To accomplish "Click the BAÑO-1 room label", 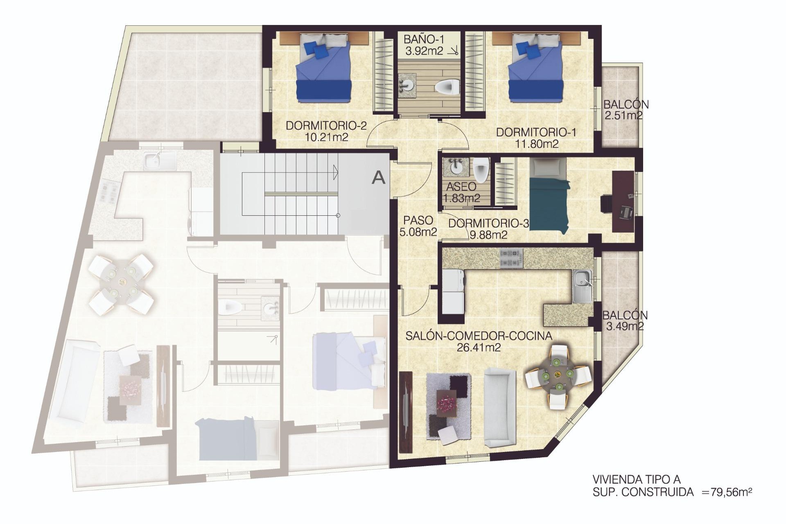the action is pyautogui.click(x=424, y=40).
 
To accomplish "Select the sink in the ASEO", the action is pyautogui.click(x=455, y=166).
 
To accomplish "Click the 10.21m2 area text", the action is pyautogui.click(x=327, y=137).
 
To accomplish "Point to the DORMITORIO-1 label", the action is pyautogui.click(x=536, y=132).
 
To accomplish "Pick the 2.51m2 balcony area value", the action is pyautogui.click(x=623, y=115).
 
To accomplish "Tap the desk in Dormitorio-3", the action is pyautogui.click(x=623, y=201).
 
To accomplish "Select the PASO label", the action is pyautogui.click(x=418, y=220).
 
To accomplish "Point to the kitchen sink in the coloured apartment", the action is pyautogui.click(x=582, y=286).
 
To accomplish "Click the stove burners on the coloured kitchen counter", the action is pyautogui.click(x=511, y=258).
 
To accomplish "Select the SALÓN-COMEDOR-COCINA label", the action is pyautogui.click(x=479, y=336).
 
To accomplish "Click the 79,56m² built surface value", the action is pyautogui.click(x=731, y=492).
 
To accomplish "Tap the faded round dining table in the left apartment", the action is pyautogui.click(x=122, y=283).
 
